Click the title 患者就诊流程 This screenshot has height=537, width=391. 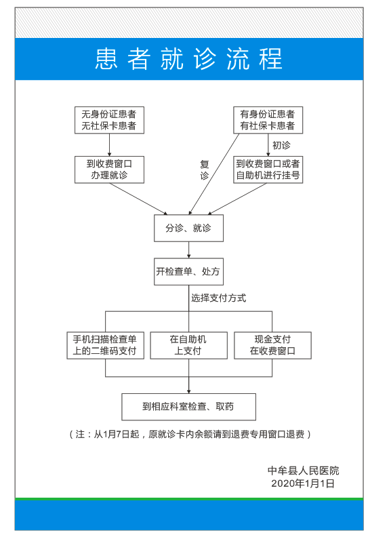coord(188,59)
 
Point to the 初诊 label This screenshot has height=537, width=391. coord(281,145)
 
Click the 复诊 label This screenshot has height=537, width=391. coord(205,170)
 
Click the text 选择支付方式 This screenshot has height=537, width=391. coord(218,298)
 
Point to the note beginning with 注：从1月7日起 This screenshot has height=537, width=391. coord(190,434)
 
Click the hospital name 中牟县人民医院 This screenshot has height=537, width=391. coord(303,471)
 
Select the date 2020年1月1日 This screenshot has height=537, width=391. coord(303,483)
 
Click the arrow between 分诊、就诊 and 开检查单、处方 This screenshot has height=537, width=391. coord(188,250)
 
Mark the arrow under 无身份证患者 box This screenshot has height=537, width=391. coord(109,145)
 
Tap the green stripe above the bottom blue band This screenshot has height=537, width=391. coord(189,499)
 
